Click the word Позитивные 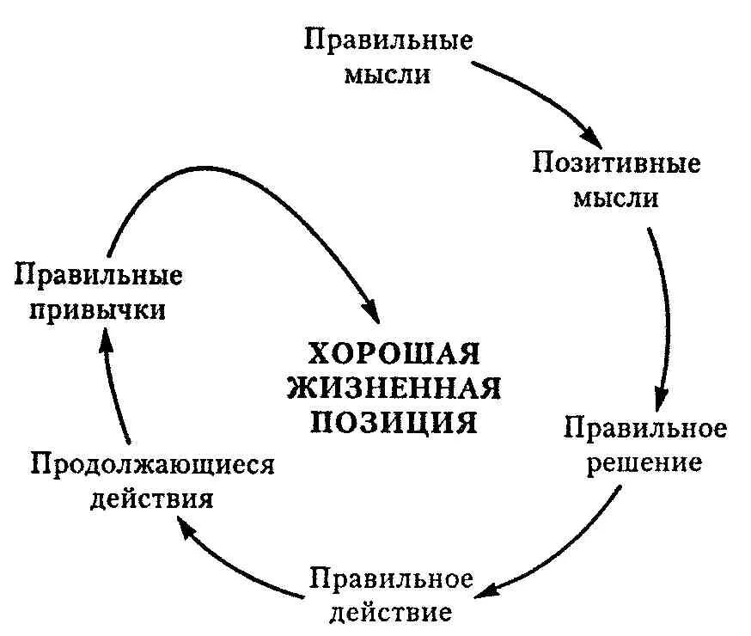(x=616, y=162)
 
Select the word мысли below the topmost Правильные (x=388, y=74)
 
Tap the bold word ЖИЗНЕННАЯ (x=394, y=388)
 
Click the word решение (x=644, y=462)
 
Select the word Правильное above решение (x=645, y=428)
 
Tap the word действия (x=152, y=498)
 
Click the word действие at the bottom (x=391, y=612)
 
